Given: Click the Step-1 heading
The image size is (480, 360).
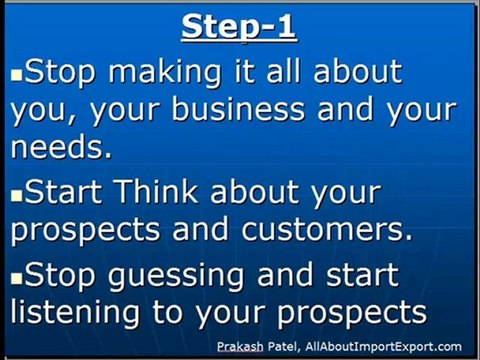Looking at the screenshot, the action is (239, 27).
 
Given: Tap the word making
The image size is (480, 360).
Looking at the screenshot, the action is (165, 73).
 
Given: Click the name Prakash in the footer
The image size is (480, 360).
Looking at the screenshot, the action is (240, 347).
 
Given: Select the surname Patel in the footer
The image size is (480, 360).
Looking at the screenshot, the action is (282, 347).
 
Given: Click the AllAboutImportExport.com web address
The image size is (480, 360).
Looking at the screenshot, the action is (383, 347).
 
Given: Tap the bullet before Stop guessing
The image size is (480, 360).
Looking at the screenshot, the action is (16, 279).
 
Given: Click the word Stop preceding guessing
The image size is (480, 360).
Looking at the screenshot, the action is (60, 275).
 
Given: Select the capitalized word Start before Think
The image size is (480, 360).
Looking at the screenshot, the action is (63, 191).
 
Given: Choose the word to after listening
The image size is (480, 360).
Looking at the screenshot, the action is (168, 312).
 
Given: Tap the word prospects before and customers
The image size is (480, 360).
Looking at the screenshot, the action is (85, 230).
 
